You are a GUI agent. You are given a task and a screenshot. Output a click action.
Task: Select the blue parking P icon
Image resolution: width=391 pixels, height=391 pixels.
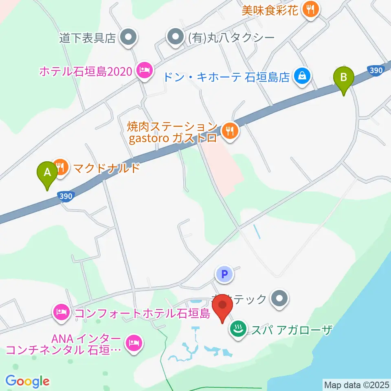coord(224,275)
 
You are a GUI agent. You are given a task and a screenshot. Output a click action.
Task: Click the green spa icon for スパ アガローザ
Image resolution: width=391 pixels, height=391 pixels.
coord(238,328)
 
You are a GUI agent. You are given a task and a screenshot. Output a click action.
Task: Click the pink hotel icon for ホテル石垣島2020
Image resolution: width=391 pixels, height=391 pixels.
coord(144,71)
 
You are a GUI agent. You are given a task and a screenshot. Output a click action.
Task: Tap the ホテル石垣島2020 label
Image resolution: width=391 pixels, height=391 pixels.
coord(86,72)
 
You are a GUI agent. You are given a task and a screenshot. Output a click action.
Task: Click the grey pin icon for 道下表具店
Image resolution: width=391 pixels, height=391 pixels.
coord(129,38)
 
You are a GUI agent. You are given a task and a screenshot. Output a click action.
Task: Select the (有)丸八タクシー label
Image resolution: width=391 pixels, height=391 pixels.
coord(231,38)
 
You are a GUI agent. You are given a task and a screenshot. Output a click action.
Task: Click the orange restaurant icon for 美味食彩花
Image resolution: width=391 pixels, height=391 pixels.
coord(311,10)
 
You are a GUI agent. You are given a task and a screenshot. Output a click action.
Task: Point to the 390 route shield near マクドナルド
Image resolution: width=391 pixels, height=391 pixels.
coord(65,196)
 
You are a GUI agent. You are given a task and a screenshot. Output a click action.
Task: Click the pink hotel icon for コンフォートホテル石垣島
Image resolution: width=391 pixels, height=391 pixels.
coord(61,313)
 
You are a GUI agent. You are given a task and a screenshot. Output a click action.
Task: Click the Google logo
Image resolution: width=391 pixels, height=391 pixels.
coord(27,381)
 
